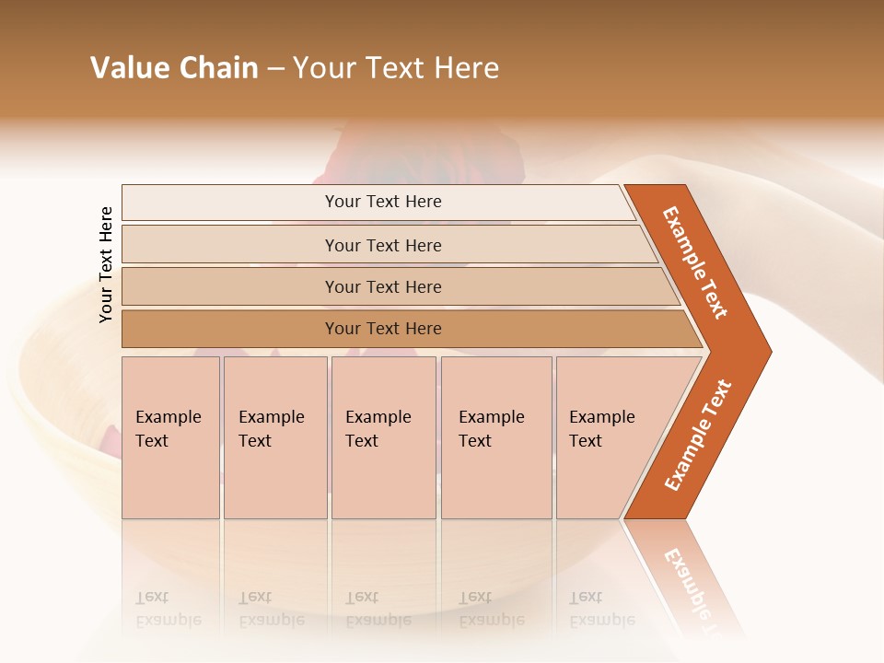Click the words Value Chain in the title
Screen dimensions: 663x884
point(174,68)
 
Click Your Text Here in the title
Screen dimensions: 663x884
point(396,68)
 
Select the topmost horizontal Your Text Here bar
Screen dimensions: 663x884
point(382,202)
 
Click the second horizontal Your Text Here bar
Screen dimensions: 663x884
point(382,245)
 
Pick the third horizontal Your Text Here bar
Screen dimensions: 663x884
point(382,286)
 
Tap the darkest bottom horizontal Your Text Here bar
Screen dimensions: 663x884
point(382,329)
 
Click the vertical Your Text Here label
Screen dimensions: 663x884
point(106,264)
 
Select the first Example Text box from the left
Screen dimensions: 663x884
point(170,436)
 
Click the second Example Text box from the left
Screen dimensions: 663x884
point(274,436)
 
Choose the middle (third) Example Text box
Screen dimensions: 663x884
point(383,436)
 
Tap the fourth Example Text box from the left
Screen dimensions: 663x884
point(495,436)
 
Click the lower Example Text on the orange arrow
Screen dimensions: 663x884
point(698,436)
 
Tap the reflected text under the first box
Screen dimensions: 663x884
point(168,609)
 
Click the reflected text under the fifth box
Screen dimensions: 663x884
point(601,609)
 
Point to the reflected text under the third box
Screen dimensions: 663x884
point(378,609)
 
